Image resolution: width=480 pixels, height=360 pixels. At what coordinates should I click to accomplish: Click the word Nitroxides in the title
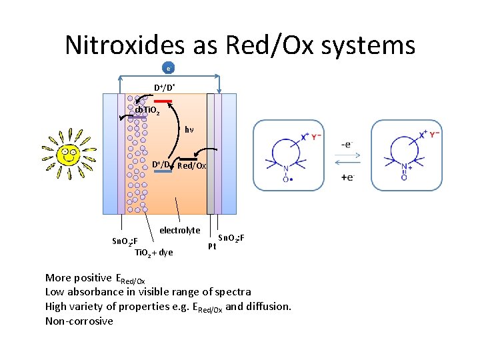pyautogui.click(x=124, y=45)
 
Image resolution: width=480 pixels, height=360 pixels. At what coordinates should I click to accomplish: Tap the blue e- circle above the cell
pyautogui.click(x=169, y=68)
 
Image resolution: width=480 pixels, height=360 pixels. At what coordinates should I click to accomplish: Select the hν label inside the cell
pyautogui.click(x=190, y=129)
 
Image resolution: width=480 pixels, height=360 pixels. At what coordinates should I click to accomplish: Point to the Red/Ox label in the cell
pyautogui.click(x=192, y=165)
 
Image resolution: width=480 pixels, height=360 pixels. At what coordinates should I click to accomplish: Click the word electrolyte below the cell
pyautogui.click(x=179, y=230)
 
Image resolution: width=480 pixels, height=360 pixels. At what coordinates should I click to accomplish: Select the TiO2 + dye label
pyautogui.click(x=153, y=252)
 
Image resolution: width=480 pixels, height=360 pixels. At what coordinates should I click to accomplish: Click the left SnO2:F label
pyautogui.click(x=124, y=241)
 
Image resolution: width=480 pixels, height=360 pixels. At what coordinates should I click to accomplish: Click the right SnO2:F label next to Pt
pyautogui.click(x=231, y=238)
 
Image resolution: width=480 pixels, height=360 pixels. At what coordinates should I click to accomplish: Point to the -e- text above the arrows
pyautogui.click(x=347, y=144)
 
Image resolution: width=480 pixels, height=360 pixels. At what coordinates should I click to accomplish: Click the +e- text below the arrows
pyautogui.click(x=347, y=177)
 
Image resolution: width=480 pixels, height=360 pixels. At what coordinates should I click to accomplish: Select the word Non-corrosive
pyautogui.click(x=79, y=321)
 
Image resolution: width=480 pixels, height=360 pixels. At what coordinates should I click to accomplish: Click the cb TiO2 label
pyautogui.click(x=147, y=111)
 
